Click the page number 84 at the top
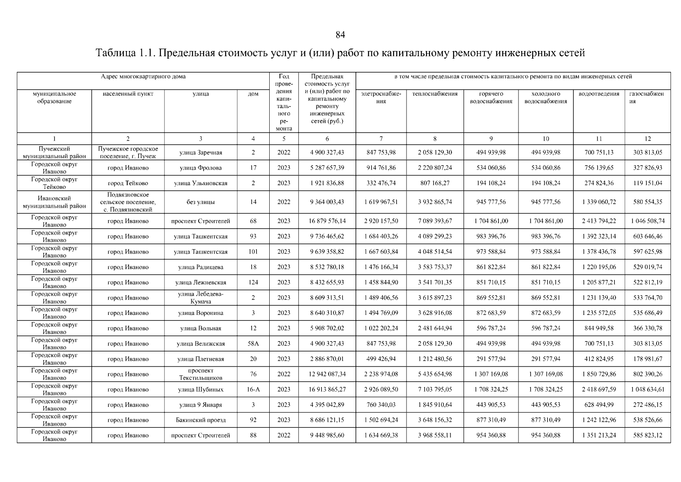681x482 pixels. pos(340,35)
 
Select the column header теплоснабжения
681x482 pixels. pos(435,94)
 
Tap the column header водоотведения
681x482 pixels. pos(599,94)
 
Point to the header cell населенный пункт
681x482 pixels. pos(128,94)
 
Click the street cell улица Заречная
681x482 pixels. pos(200,153)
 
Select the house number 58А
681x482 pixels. pos(253,344)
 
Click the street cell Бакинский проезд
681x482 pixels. pos(200,420)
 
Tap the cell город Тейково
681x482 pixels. pos(128,183)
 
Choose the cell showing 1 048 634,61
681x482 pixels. pos(647,390)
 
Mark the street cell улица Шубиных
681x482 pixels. pos(200,390)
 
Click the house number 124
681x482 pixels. pos(253,282)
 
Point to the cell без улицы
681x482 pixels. pos(200,202)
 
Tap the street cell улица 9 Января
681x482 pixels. pos(200,405)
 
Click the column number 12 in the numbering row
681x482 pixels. pos(647,139)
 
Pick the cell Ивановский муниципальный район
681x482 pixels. pos(54,202)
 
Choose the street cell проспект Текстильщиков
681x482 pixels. pos(200,374)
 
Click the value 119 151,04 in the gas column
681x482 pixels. pos(647,183)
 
